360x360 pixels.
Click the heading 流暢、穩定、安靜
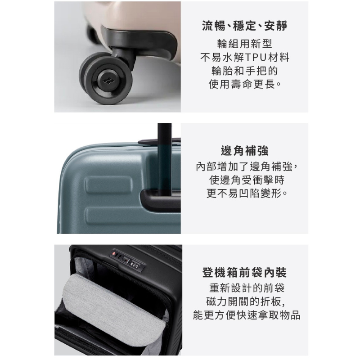[x=244, y=26]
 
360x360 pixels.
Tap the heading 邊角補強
[x=244, y=150]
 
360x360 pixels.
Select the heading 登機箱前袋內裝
[x=244, y=272]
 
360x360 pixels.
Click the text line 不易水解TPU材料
[x=244, y=58]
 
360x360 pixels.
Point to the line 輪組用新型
[x=244, y=44]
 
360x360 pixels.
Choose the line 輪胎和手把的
[x=244, y=71]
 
